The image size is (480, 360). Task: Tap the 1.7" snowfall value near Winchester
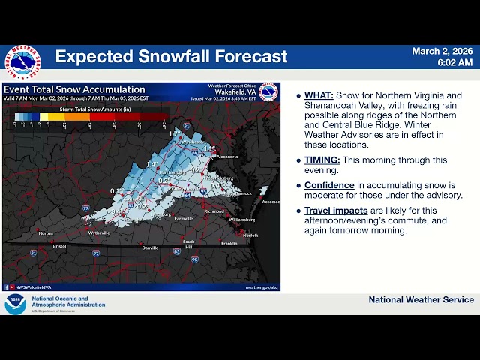click(x=174, y=134)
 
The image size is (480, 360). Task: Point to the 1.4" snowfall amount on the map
click(x=152, y=164)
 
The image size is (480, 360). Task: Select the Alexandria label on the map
click(x=227, y=157)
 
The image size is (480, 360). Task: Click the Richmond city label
click(x=214, y=212)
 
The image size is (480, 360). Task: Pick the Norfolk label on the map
click(x=250, y=235)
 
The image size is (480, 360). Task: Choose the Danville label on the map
click(x=151, y=247)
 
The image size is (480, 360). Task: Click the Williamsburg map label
click(x=241, y=220)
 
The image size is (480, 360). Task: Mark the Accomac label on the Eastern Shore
click(x=271, y=202)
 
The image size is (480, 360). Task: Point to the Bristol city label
click(x=59, y=245)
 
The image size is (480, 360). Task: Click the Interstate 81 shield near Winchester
click(x=187, y=126)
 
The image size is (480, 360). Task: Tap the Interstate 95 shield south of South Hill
click(x=195, y=259)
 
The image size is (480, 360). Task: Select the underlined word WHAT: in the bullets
click(x=319, y=96)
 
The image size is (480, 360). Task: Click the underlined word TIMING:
click(x=322, y=160)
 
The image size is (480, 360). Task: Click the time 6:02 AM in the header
click(x=455, y=63)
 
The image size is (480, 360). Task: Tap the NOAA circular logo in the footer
click(x=15, y=304)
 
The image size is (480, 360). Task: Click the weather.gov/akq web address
click(x=261, y=286)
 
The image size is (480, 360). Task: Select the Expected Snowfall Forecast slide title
click(x=171, y=57)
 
